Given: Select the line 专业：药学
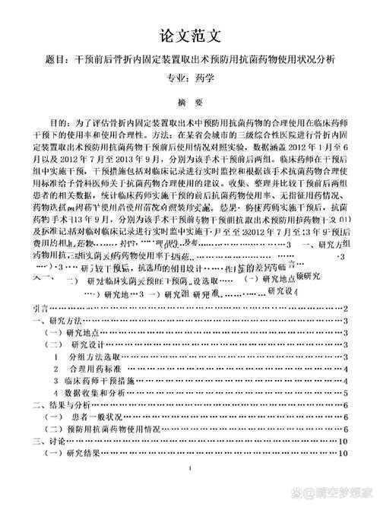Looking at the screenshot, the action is (190, 78).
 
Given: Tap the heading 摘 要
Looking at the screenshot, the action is (190, 103).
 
